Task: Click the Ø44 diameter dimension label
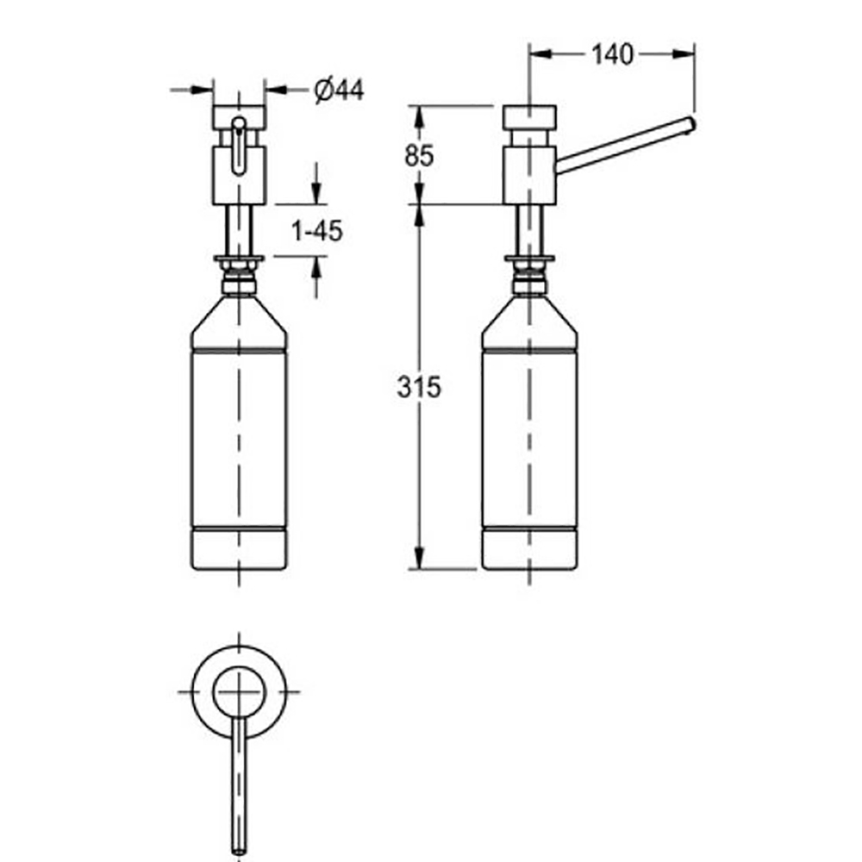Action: [x=339, y=90]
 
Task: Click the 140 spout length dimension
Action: [x=611, y=54]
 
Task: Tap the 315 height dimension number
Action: [x=420, y=388]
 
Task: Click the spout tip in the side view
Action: [x=690, y=126]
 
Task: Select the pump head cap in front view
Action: [x=239, y=115]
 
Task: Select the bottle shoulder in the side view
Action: [x=528, y=323]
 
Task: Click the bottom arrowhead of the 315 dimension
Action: [x=418, y=560]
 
